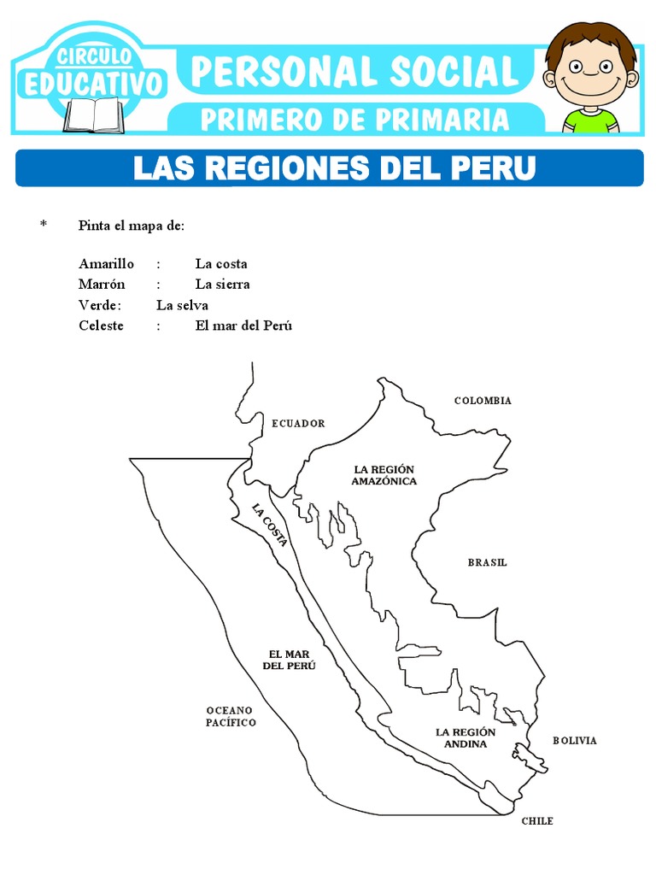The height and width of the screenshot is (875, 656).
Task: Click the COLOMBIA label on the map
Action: coord(483,401)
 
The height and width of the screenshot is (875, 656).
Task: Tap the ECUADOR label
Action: coord(298,423)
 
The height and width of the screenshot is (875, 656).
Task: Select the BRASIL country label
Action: coord(487,562)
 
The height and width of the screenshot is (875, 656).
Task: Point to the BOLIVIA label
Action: coord(574,741)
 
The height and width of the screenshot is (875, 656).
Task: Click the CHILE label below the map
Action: coord(537,821)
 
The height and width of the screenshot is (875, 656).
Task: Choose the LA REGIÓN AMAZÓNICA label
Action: coord(384,475)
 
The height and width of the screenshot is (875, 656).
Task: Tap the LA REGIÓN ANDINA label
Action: coord(466,737)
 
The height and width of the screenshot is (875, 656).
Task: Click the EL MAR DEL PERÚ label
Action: coord(289,660)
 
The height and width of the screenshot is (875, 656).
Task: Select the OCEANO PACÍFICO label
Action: coord(231,716)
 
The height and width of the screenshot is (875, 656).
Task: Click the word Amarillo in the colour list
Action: coord(106,264)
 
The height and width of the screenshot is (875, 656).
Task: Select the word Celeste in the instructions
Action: coord(101,326)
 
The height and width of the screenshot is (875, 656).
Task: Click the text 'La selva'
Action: coord(182,305)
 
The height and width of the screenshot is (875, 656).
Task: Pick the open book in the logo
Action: coord(93,115)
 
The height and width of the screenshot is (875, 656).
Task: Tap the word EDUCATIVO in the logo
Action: coord(93,85)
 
